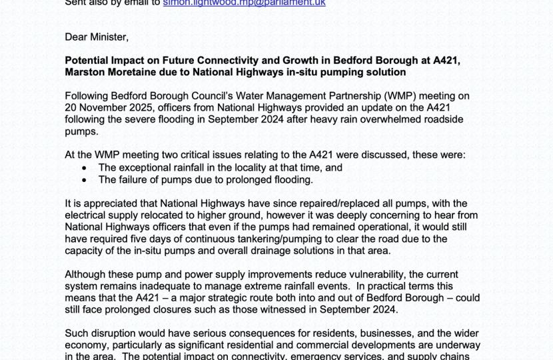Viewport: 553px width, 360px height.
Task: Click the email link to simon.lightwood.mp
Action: (x=244, y=3)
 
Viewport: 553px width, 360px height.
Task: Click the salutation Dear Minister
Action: (x=97, y=36)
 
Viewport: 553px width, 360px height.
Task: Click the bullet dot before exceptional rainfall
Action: (x=84, y=168)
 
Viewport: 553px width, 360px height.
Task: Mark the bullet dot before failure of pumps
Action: (x=84, y=179)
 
